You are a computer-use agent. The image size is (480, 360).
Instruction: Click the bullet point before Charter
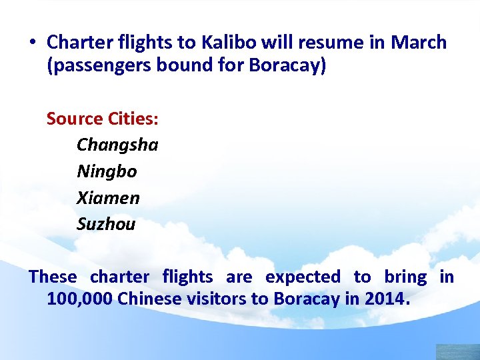click(32, 43)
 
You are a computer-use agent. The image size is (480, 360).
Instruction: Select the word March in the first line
click(418, 43)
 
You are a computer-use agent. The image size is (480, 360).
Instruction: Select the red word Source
click(73, 119)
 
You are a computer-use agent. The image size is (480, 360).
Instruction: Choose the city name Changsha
click(117, 145)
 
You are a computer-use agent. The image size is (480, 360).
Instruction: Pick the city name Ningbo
click(107, 171)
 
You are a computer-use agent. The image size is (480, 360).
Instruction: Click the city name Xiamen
click(108, 198)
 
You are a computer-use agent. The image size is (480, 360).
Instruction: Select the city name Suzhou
click(106, 224)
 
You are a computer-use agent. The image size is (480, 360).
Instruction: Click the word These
click(53, 277)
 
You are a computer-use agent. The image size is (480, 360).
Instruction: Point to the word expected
click(303, 277)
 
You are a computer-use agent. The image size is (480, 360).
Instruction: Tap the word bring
click(405, 277)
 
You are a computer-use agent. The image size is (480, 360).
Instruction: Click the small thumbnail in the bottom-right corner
click(457, 352)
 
